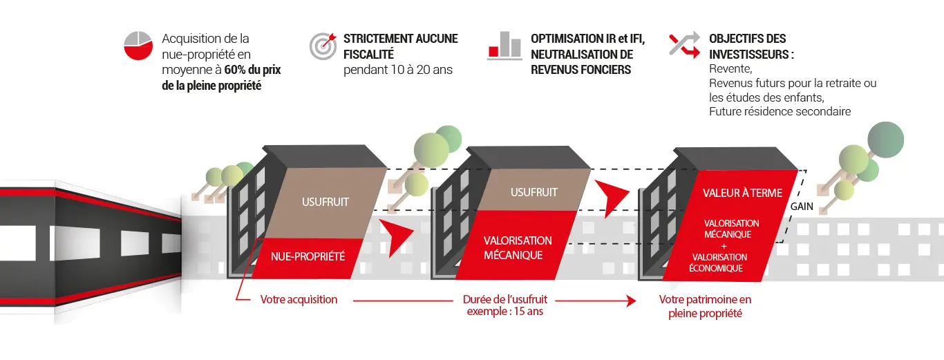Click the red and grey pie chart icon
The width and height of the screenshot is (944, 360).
pos(138,45)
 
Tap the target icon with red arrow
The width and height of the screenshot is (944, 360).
pos(323,45)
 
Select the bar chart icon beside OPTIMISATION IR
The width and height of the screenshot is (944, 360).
pos(504,45)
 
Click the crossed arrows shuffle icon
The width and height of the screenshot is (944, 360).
pos(684,45)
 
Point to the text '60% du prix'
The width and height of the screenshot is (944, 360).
pos(253,71)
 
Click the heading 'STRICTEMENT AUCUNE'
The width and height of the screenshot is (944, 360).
pos(400,39)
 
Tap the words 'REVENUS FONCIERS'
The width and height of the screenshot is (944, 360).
pos(580,70)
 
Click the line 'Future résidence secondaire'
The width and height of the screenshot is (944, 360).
pos(780,111)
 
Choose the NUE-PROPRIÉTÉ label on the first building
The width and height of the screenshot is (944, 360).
pos(308,256)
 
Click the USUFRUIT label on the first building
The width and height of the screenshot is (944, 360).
pos(325,202)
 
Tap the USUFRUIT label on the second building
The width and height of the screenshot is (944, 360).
pos(534,192)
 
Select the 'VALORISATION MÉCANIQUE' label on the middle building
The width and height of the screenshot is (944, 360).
pos(518,247)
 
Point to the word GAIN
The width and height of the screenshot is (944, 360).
pos(802,206)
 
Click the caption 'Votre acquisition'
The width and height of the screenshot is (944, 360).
pos(299,300)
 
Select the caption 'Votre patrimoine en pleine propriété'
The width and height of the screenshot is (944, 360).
pos(705,306)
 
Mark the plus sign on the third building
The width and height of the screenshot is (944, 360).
pos(725,245)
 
